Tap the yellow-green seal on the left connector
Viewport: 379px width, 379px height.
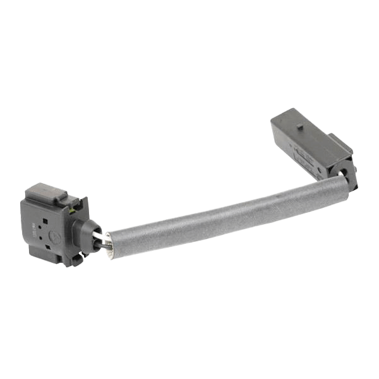[75, 203]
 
